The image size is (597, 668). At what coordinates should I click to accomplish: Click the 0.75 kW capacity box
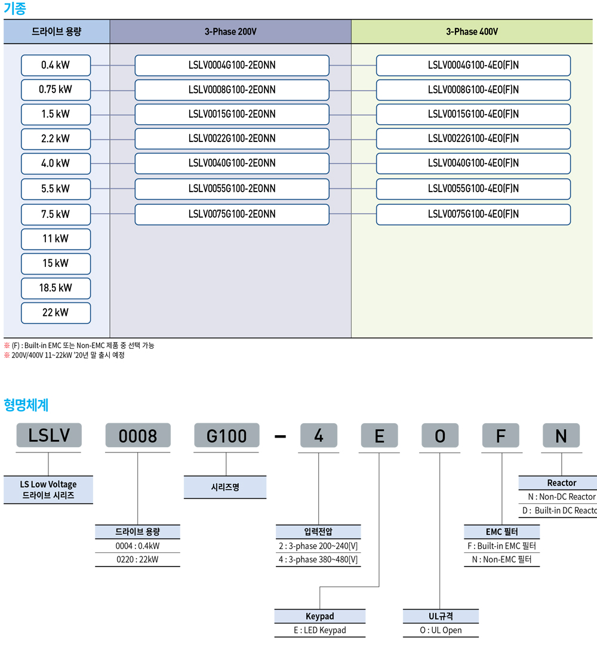(x=56, y=90)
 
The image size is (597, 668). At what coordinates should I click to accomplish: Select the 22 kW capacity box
(x=56, y=313)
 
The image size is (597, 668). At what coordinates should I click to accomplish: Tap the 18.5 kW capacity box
(x=56, y=288)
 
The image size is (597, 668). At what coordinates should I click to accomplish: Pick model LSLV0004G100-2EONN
(x=232, y=65)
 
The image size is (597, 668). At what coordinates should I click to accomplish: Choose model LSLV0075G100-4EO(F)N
(x=473, y=214)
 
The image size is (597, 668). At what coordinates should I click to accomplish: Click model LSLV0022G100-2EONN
(x=232, y=138)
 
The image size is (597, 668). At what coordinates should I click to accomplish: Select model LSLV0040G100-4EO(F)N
(x=473, y=163)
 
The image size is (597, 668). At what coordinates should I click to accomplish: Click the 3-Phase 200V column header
(x=230, y=32)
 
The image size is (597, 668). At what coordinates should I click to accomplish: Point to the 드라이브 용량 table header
(x=57, y=32)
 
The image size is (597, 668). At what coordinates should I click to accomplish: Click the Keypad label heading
(x=319, y=617)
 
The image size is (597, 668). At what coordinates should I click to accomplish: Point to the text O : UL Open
(x=441, y=630)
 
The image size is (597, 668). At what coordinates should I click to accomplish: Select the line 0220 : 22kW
(x=137, y=559)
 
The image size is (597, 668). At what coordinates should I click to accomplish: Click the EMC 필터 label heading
(x=501, y=531)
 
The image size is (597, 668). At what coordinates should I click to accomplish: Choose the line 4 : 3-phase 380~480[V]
(x=318, y=559)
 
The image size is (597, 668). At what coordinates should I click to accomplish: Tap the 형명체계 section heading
(x=26, y=405)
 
